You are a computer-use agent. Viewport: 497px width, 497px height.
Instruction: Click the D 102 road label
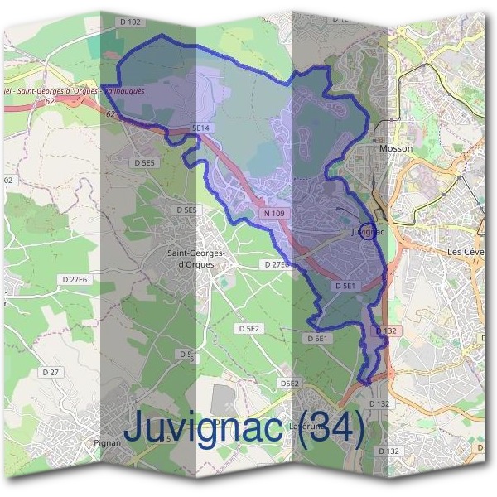click(x=130, y=22)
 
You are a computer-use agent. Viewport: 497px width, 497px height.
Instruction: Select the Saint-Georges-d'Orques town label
click(x=191, y=259)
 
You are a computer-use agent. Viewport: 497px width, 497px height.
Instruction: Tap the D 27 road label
click(x=50, y=373)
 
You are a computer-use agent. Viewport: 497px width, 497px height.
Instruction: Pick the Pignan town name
click(x=108, y=442)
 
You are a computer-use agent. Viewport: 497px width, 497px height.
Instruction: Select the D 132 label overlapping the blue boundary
click(x=387, y=331)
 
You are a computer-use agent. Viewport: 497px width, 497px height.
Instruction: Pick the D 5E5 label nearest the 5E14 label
click(x=143, y=163)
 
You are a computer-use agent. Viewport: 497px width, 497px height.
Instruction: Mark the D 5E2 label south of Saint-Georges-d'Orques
click(x=249, y=329)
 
